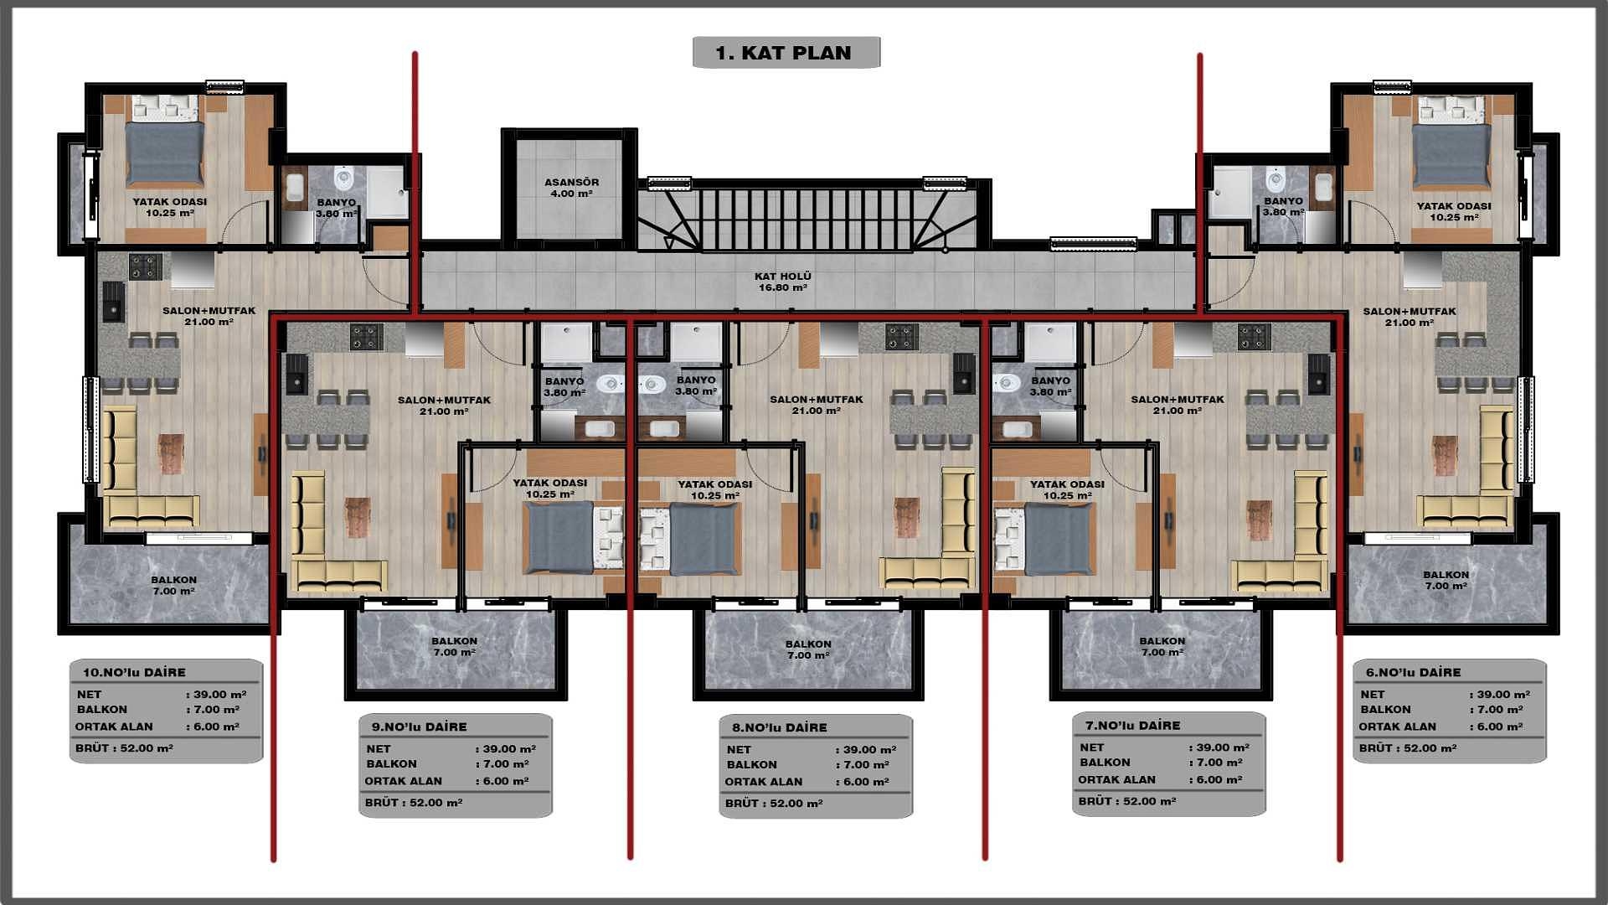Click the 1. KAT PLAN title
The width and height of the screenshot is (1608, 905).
click(785, 53)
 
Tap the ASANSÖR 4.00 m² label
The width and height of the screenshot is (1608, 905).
click(572, 188)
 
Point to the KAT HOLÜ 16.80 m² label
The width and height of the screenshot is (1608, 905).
click(783, 282)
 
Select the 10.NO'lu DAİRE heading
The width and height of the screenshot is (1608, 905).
click(134, 672)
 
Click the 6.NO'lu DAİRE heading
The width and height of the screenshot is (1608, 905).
click(1413, 672)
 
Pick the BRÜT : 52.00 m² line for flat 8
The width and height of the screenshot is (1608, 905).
click(774, 803)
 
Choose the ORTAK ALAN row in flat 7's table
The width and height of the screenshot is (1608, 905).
click(1116, 779)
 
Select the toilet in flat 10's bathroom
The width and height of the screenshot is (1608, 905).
click(344, 178)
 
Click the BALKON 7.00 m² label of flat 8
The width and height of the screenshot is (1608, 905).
click(808, 649)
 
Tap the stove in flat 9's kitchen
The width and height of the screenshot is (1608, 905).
click(366, 338)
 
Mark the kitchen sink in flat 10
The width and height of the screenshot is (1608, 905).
click(112, 302)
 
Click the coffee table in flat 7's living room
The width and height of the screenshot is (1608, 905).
click(1259, 520)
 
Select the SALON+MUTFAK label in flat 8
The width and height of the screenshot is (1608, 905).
click(817, 405)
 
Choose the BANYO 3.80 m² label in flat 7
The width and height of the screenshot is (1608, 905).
click(1051, 386)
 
